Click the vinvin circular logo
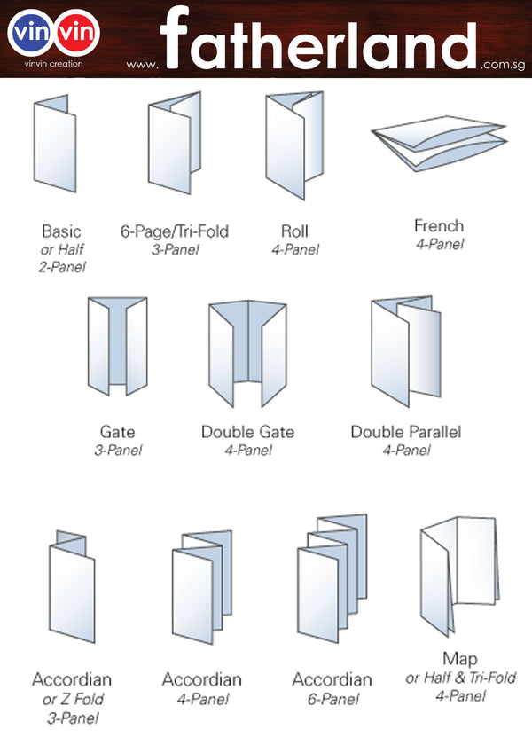[x=53, y=32]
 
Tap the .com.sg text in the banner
[x=501, y=64]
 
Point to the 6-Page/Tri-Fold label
[x=174, y=231]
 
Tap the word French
[x=439, y=225]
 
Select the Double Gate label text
[x=247, y=432]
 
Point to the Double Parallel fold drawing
[x=405, y=351]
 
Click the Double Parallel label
[x=405, y=432]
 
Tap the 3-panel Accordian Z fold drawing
[x=70, y=585]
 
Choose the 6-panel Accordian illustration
[x=331, y=577]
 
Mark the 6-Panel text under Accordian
[x=332, y=699]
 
